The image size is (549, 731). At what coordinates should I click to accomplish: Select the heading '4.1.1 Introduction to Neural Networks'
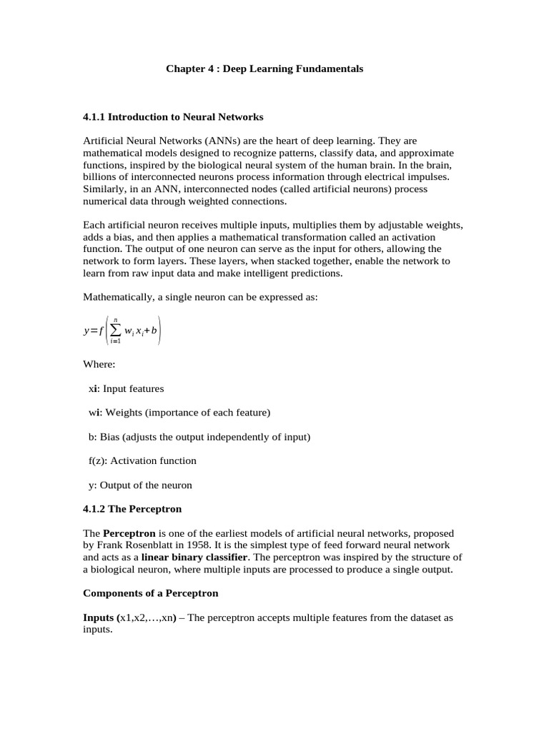pyautogui.click(x=173, y=116)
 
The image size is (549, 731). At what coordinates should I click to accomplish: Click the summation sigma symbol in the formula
pyautogui.click(x=115, y=331)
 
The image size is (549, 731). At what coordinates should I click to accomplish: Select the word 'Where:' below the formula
pyautogui.click(x=99, y=364)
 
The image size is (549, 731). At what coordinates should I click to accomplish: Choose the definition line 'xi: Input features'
pyautogui.click(x=126, y=389)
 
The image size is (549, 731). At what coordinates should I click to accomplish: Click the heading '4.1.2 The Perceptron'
pyautogui.click(x=132, y=509)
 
